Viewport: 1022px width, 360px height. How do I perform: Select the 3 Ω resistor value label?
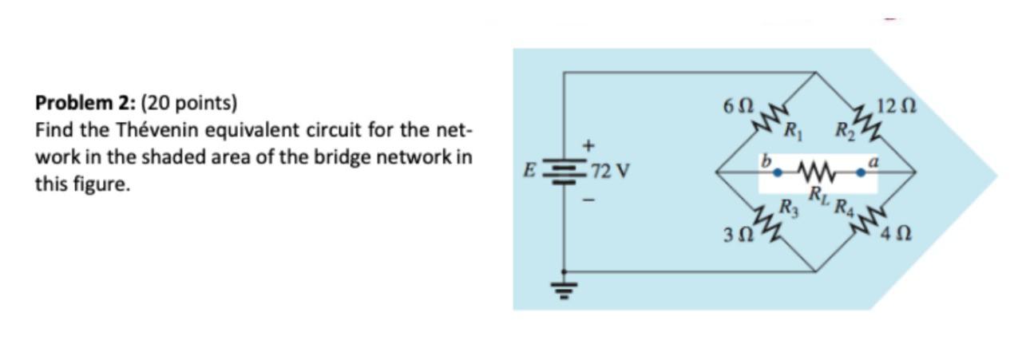[x=736, y=236]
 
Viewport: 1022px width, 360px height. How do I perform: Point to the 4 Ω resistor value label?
[x=893, y=236]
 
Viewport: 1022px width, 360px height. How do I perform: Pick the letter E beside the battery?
[x=527, y=171]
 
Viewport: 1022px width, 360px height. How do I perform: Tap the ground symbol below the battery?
[x=564, y=288]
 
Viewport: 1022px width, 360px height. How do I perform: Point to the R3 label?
[x=788, y=211]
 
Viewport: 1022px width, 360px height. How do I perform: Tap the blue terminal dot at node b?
[x=777, y=171]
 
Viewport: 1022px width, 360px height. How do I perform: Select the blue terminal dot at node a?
[x=861, y=171]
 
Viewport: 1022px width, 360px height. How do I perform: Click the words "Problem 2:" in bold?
[x=85, y=103]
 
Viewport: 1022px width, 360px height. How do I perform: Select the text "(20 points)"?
[x=188, y=103]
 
